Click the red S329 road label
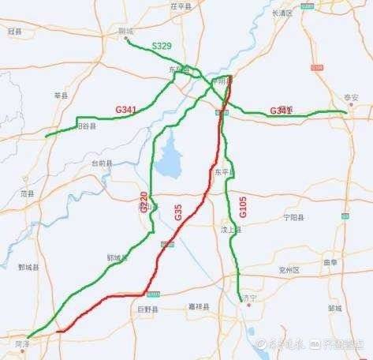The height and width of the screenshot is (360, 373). click(162, 48)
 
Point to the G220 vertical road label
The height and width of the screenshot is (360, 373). click(144, 202)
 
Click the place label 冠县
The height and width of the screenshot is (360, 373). click(14, 31)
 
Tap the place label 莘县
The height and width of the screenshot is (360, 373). click(62, 95)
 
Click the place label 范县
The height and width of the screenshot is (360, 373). click(28, 192)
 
